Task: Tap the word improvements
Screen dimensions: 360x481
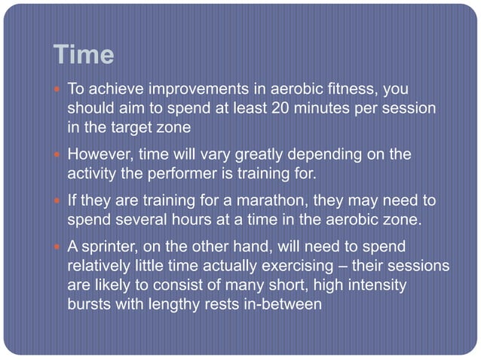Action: (197, 89)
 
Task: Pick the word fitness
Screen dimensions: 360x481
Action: (354, 89)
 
